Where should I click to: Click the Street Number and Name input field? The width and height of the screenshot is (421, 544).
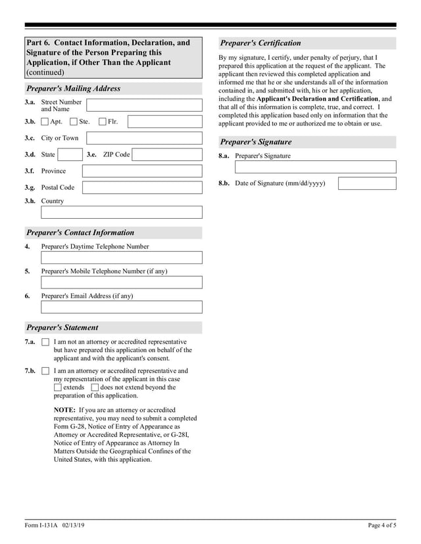pos(144,105)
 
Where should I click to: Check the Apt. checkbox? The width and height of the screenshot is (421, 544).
pos(45,122)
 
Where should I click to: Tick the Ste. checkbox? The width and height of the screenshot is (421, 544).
pos(74,122)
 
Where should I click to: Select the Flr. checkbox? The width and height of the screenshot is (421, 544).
pos(103,122)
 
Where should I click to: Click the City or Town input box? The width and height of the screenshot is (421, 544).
pos(144,138)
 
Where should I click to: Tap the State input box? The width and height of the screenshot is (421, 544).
pos(69,155)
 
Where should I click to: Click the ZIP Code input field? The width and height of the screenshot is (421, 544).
pos(167,155)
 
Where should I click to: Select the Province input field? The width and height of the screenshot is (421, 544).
pos(142,171)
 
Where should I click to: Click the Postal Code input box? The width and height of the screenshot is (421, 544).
pos(142,187)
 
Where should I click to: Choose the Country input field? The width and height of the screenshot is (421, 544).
pos(122,212)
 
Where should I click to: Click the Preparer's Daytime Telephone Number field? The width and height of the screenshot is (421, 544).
pos(122,258)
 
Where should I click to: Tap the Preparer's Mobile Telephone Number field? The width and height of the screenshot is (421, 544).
pos(122,283)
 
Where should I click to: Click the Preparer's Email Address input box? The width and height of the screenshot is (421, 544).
pos(122,307)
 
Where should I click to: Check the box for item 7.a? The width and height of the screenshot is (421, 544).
pos(45,342)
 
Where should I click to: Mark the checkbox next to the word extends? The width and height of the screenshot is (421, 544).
pos(58,388)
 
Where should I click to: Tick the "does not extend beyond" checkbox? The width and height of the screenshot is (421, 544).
pos(95,388)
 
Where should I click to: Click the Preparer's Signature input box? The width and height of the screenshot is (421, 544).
pos(316,167)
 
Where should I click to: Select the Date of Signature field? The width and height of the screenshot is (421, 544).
pos(367,183)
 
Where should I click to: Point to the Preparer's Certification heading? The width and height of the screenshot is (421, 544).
pos(260,43)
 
